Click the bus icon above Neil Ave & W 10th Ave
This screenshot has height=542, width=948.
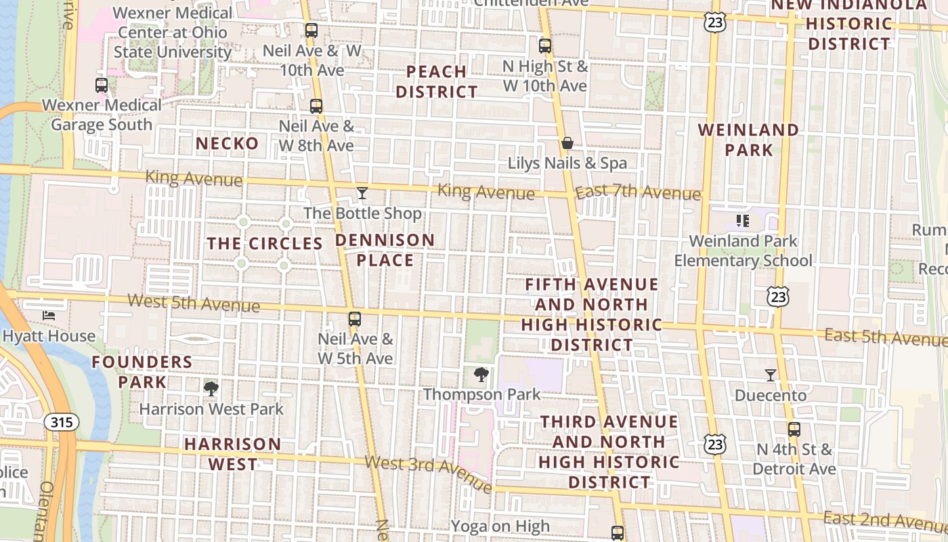(311, 30)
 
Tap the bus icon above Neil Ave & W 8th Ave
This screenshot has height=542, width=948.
(316, 106)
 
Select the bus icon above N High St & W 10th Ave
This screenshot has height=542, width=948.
(545, 46)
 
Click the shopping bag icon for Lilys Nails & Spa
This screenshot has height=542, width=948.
(567, 143)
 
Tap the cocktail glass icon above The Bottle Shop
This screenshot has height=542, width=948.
(362, 194)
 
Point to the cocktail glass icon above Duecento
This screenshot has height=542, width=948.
(771, 375)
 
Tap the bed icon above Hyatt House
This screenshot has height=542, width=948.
(49, 316)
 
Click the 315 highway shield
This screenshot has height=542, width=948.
(61, 423)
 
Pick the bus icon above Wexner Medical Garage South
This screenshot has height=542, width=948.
(102, 85)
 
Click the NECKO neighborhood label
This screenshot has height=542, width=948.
(228, 144)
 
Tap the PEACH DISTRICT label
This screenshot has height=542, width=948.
(437, 81)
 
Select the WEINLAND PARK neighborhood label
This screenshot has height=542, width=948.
(748, 140)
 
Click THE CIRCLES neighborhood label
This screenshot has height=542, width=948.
(264, 244)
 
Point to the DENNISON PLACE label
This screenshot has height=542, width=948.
(385, 250)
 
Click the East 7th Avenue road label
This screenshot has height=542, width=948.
(638, 192)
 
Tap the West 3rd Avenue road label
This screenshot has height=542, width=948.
(429, 474)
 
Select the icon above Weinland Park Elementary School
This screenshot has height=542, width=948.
(743, 221)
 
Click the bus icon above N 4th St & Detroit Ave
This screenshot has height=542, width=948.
(794, 429)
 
